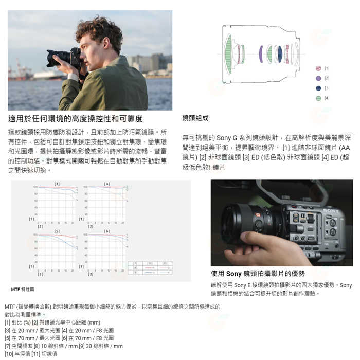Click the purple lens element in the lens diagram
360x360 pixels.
pyautogui.click(x=261, y=54)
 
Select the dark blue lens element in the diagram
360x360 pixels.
pyautogui.click(x=280, y=54)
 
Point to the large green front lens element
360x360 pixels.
pyautogui.click(x=228, y=54)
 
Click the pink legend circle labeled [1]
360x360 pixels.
pyautogui.click(x=318, y=68)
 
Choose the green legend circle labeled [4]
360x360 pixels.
pyautogui.click(x=318, y=98)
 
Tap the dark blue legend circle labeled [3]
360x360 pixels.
pyautogui.click(x=318, y=88)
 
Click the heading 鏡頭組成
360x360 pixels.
pyautogui.click(x=195, y=118)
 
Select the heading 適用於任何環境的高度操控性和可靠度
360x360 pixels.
pyautogui.click(x=75, y=119)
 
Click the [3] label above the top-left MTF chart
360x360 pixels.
pyautogui.click(x=57, y=184)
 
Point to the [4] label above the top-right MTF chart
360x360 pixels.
pyautogui.click(x=106, y=184)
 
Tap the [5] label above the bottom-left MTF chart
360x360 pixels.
pyautogui.click(x=57, y=231)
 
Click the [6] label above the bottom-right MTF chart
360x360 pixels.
pyautogui.click(x=106, y=231)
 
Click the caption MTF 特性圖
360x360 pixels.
pyautogui.click(x=23, y=290)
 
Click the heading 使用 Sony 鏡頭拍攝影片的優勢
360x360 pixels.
pyautogui.click(x=258, y=274)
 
